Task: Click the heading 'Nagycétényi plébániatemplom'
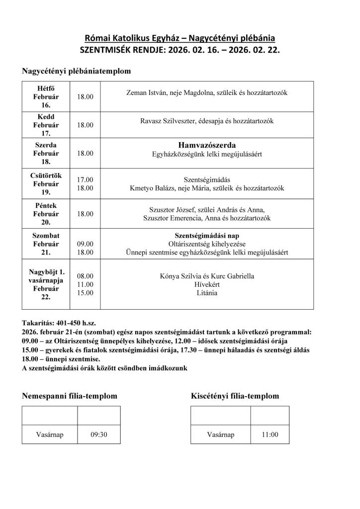(76, 71)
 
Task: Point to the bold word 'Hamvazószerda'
(206, 145)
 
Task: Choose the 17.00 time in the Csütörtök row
(85, 179)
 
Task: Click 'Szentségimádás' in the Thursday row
(206, 179)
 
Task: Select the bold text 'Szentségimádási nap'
(206, 235)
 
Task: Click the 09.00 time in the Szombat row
(85, 244)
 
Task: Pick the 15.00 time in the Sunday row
(85, 293)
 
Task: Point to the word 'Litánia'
(207, 293)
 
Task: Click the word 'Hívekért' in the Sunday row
(207, 284)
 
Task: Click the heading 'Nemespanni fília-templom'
(70, 396)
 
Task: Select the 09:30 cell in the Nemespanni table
(98, 434)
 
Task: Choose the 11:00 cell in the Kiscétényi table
(270, 434)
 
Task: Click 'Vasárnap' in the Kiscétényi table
(220, 434)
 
